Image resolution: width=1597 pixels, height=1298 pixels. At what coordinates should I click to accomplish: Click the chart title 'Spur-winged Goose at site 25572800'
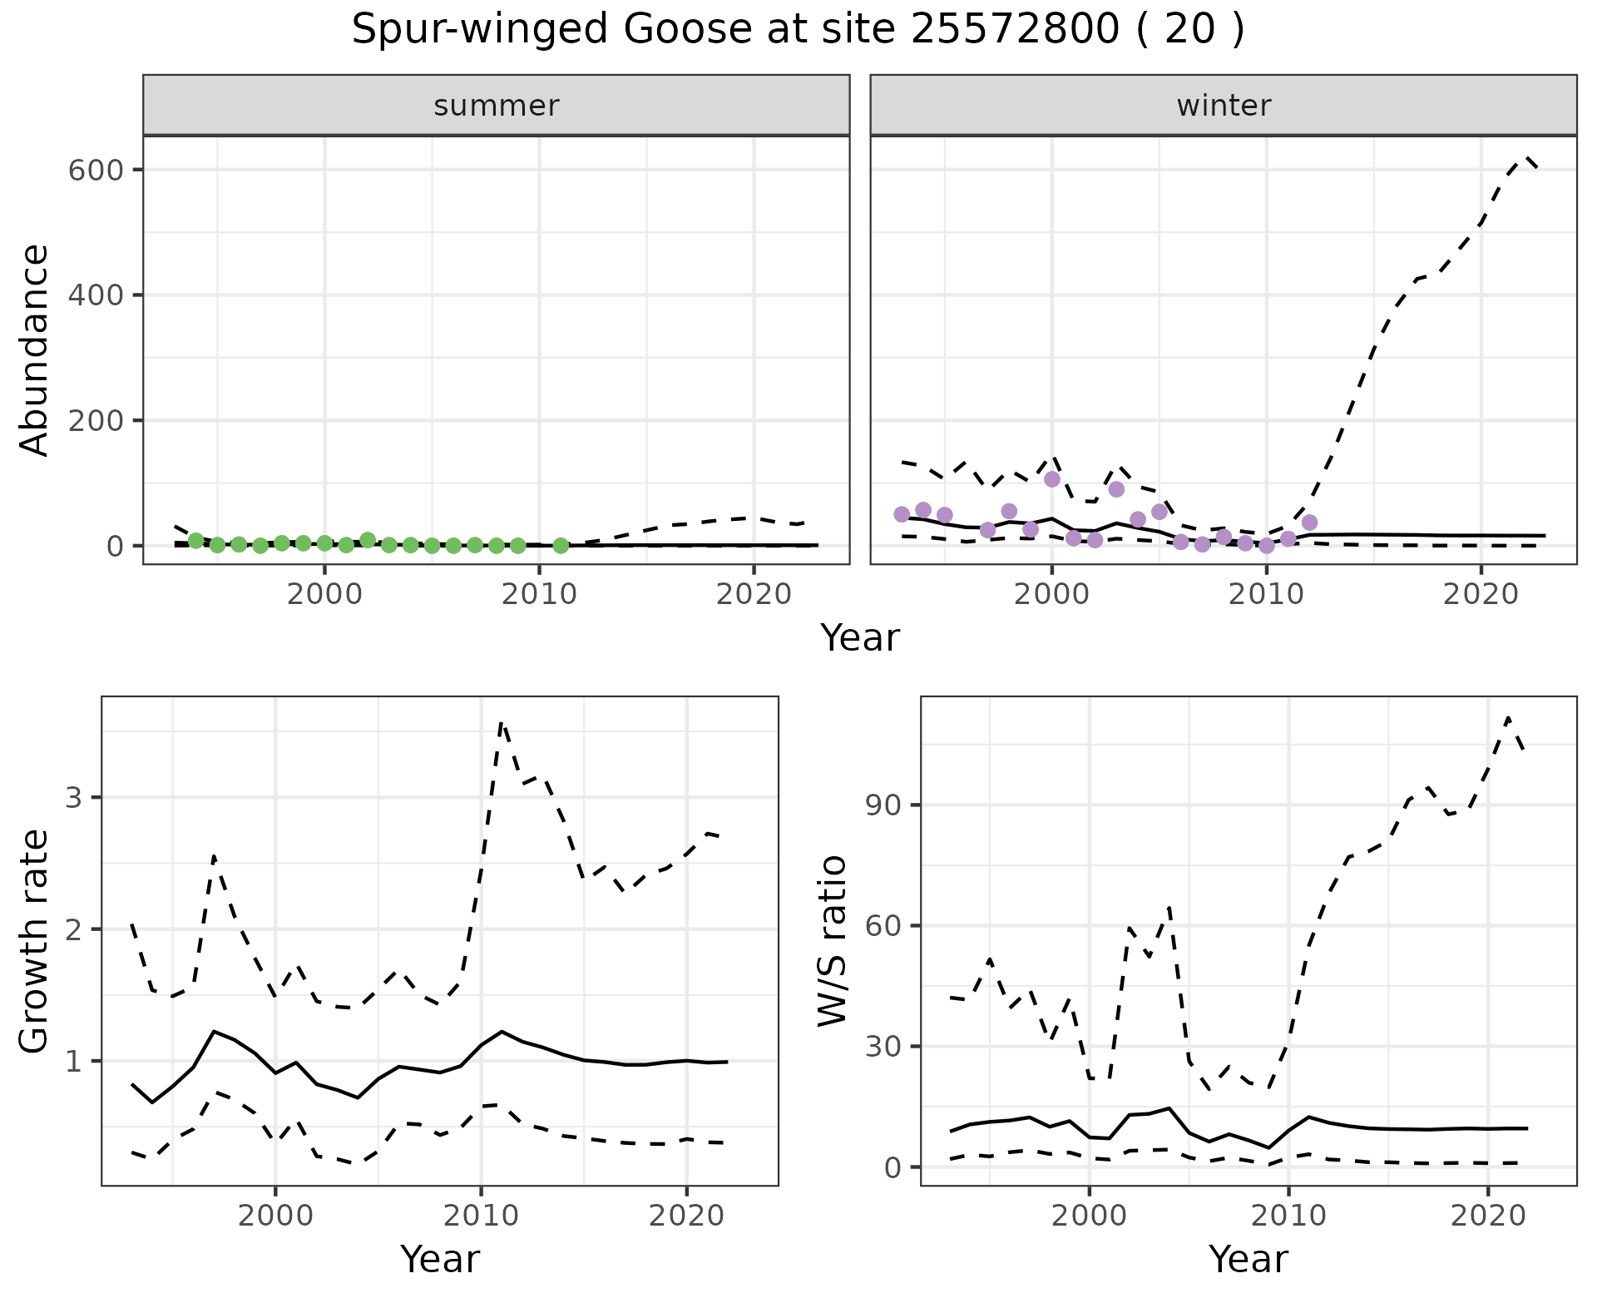point(797,31)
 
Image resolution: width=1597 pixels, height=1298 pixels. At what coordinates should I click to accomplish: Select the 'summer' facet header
point(496,106)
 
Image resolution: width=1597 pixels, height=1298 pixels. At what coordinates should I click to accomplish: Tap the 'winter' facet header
point(1223,106)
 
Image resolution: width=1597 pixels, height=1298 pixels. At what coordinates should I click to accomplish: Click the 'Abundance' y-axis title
point(35,349)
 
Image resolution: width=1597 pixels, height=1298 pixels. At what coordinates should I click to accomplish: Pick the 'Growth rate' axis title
point(35,941)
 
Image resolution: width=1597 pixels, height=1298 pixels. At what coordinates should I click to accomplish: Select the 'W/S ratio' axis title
point(832,941)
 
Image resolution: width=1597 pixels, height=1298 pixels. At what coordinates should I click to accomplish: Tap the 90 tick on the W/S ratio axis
point(884,805)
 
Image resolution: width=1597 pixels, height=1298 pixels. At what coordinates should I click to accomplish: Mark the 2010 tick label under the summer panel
point(539,595)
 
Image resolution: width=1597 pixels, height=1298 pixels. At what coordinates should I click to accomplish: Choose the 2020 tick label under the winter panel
point(1481,595)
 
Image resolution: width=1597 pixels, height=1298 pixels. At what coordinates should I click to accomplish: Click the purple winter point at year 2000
point(1051,479)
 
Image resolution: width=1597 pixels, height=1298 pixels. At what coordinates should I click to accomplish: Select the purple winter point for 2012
point(1309,523)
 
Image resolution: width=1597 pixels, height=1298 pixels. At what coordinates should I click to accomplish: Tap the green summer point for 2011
point(561,546)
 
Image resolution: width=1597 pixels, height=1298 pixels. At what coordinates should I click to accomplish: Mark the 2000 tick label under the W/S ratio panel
point(1089,1216)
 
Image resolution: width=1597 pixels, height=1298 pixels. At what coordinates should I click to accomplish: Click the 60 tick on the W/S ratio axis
point(884,926)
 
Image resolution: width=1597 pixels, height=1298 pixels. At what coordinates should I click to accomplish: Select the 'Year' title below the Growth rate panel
point(440,1259)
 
